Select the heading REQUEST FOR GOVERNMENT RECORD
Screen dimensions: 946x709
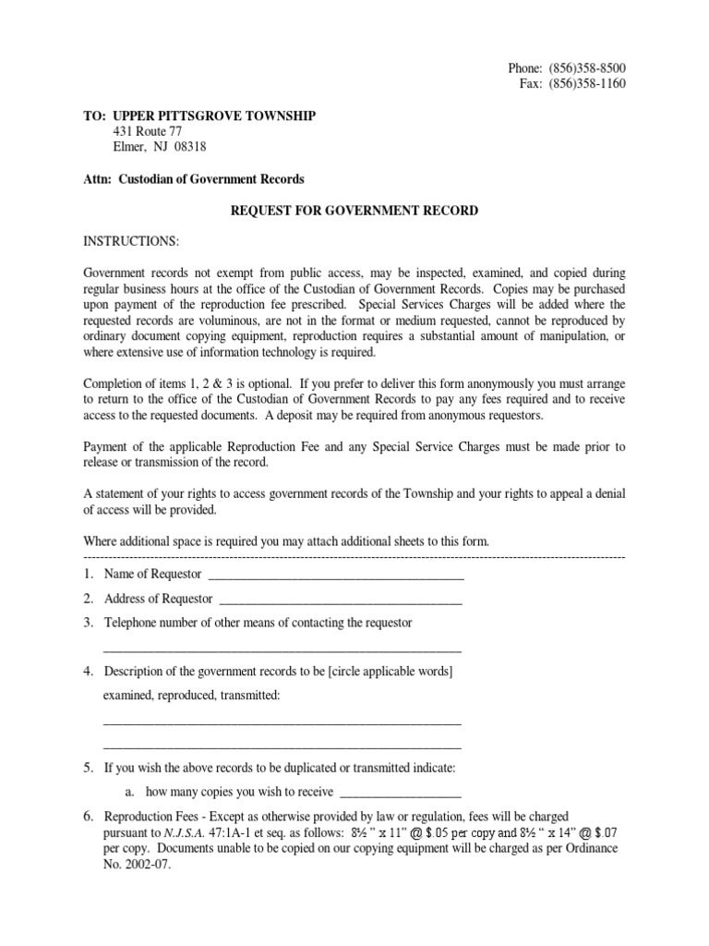pyautogui.click(x=354, y=211)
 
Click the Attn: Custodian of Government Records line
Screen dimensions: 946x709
pyautogui.click(x=194, y=179)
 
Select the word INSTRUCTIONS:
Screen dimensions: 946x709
pyautogui.click(x=132, y=242)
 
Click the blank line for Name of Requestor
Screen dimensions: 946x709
pyautogui.click(x=336, y=578)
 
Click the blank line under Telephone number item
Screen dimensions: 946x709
pyautogui.click(x=282, y=649)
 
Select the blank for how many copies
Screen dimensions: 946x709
pyautogui.click(x=401, y=794)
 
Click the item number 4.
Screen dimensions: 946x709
pyautogui.click(x=89, y=671)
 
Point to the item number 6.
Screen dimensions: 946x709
pyautogui.click(x=89, y=817)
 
